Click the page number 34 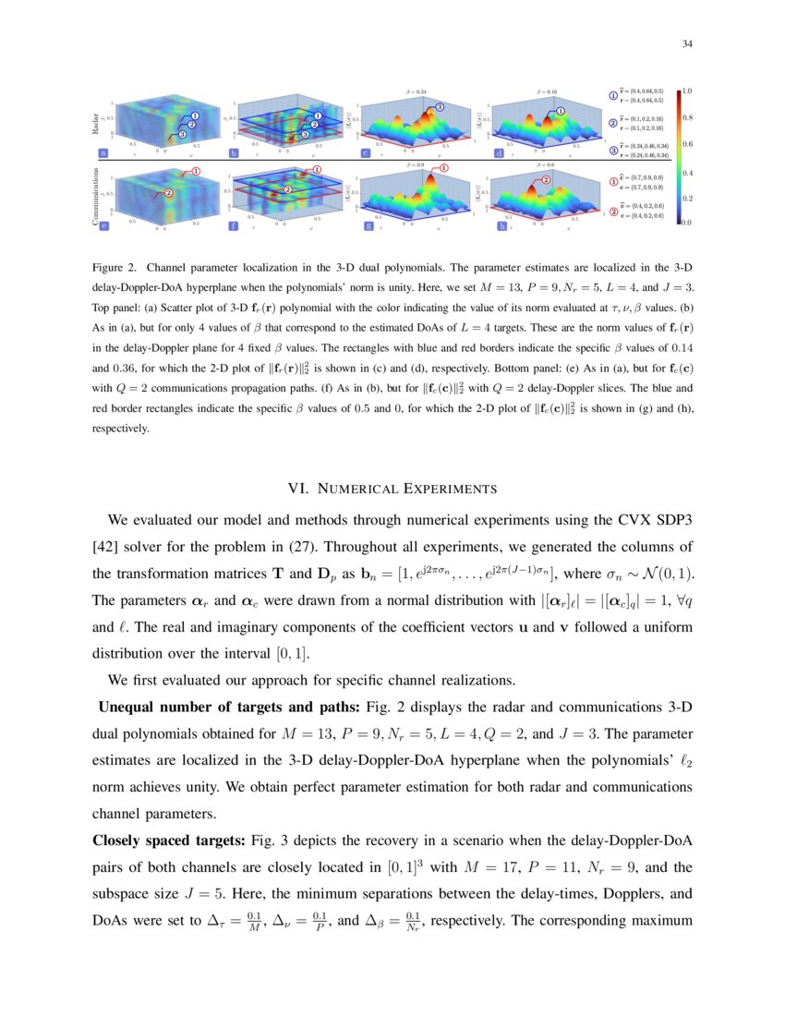687,43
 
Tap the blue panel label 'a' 103,152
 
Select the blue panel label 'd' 500,152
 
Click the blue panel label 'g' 368,224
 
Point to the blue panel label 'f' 233,224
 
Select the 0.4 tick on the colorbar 688,172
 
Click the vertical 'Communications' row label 96,196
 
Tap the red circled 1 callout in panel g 444,169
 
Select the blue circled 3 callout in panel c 440,108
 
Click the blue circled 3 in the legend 613,149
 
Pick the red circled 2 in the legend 613,212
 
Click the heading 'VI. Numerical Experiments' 392,489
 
